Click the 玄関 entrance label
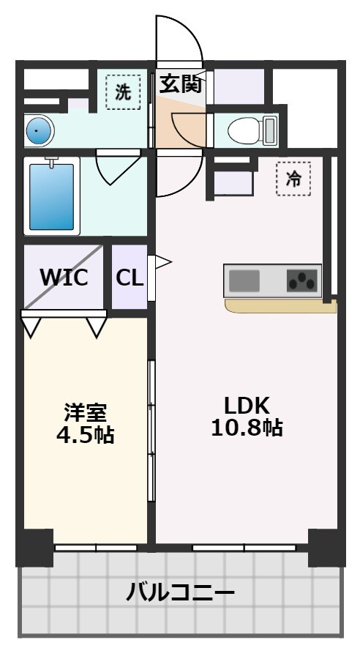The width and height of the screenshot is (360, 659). coord(180,84)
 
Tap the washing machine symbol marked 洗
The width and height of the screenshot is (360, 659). coord(123,92)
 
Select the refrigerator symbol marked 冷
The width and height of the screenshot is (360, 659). coord(293,179)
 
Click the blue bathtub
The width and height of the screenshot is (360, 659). coord(51,196)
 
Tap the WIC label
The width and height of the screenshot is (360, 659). coord(64,278)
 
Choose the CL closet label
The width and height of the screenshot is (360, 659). coord(130,278)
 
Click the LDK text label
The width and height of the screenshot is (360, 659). coord(247,405)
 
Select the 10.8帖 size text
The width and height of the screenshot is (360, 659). coord(247,428)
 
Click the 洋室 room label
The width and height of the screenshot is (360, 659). coord(85,412)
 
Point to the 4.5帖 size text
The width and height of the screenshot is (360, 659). coord(85,434)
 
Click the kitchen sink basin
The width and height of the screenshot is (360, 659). coord(245,280)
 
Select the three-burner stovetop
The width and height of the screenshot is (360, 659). coord(303,280)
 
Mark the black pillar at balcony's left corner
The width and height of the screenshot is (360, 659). coord(34,547)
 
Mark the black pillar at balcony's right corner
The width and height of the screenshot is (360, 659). coord(326,547)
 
